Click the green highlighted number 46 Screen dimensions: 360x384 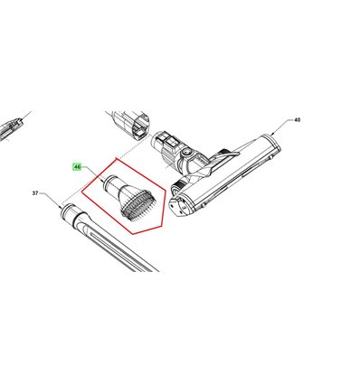[x=77, y=166]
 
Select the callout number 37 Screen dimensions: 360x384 [x=35, y=193]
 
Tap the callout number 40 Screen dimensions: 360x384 [x=297, y=120]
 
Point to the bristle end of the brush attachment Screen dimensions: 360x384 [x=139, y=206]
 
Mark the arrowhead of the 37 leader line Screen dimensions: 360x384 [x=60, y=207]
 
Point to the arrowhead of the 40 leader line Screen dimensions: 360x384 [x=273, y=133]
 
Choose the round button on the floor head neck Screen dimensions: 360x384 [x=186, y=153]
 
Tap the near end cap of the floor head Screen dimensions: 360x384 [x=180, y=205]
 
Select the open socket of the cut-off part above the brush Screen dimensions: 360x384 [x=140, y=126]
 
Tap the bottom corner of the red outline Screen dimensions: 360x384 [x=132, y=234]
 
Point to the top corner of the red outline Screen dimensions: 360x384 [x=116, y=158]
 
